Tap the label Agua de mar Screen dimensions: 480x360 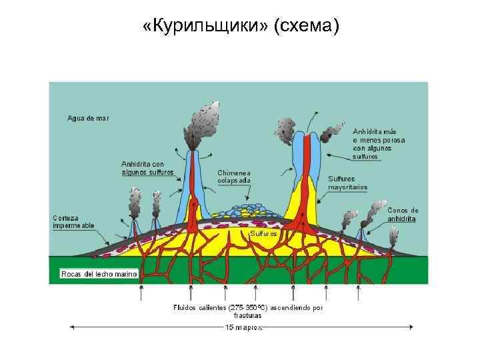pyautogui.click(x=88, y=118)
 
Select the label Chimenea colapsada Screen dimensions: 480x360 pyautogui.click(x=234, y=176)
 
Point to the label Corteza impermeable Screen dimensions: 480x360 pyautogui.click(x=73, y=221)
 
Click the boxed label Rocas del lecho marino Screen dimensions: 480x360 pyautogui.click(x=99, y=274)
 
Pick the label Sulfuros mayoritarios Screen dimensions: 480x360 pyautogui.click(x=347, y=183)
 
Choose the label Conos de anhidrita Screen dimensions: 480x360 pyautogui.click(x=403, y=214)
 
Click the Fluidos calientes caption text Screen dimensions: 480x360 pyautogui.click(x=247, y=311)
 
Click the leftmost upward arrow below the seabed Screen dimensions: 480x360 pyautogui.click(x=141, y=292)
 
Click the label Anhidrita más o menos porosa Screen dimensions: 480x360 pyautogui.click(x=379, y=143)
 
